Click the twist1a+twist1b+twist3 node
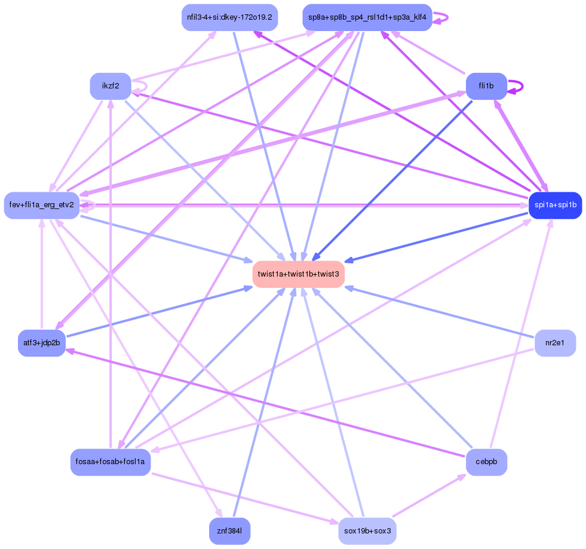pyautogui.click(x=299, y=274)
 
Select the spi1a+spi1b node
pyautogui.click(x=555, y=206)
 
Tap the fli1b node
pyautogui.click(x=486, y=86)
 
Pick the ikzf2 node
pyautogui.click(x=111, y=86)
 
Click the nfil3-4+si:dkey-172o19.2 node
pyautogui.click(x=229, y=17)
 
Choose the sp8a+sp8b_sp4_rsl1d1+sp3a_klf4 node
pyautogui.click(x=367, y=17)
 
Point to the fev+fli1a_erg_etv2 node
pyautogui.click(x=42, y=206)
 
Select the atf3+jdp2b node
pyautogui.click(x=42, y=343)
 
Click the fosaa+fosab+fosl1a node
pyautogui.click(x=111, y=462)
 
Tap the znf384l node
pyautogui.click(x=229, y=530)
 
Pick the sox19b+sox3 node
pyautogui.click(x=367, y=530)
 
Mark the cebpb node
pyautogui.click(x=486, y=462)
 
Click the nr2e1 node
pyautogui.click(x=555, y=343)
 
